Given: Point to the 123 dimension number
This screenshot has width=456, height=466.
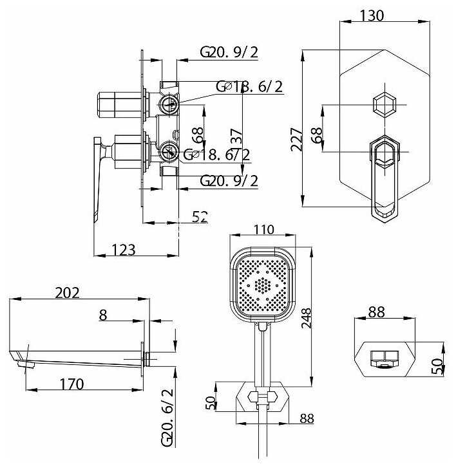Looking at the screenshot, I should pos(122,250).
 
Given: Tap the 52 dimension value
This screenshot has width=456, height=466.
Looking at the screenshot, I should pos(200,217).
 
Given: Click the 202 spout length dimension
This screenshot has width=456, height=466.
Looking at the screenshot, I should pos(67,293).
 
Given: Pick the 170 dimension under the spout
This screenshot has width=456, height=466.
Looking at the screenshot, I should pos(72,384).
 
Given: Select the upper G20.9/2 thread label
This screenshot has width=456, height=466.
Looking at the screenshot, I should pos(229,52).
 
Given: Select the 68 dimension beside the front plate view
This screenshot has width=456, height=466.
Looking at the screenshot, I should pos(316,136).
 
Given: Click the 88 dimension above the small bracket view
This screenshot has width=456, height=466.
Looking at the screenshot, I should pos(376,312).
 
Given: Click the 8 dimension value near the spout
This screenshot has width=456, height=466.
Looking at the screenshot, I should pos(102,315).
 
